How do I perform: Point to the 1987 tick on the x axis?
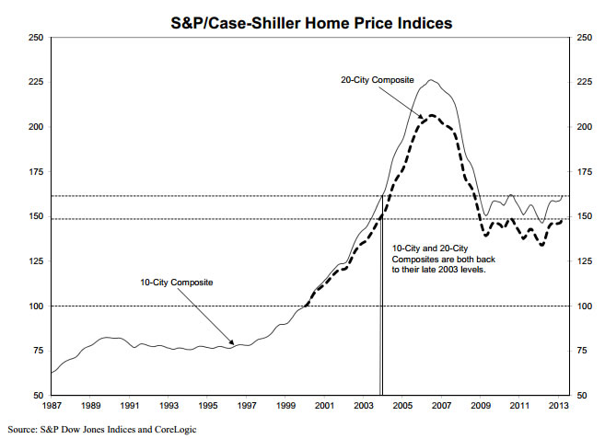[51, 405]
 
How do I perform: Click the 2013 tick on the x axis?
[556, 405]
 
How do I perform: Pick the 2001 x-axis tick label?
[323, 405]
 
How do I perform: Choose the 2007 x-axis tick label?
[440, 405]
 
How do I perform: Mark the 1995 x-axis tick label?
[207, 405]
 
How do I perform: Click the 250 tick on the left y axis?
[36, 38]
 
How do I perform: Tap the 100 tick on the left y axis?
[36, 306]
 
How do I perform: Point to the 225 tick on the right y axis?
[584, 83]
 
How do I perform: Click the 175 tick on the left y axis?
[36, 172]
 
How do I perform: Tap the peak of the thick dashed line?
[430, 115]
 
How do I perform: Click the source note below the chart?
[101, 429]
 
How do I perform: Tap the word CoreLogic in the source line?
[173, 429]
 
